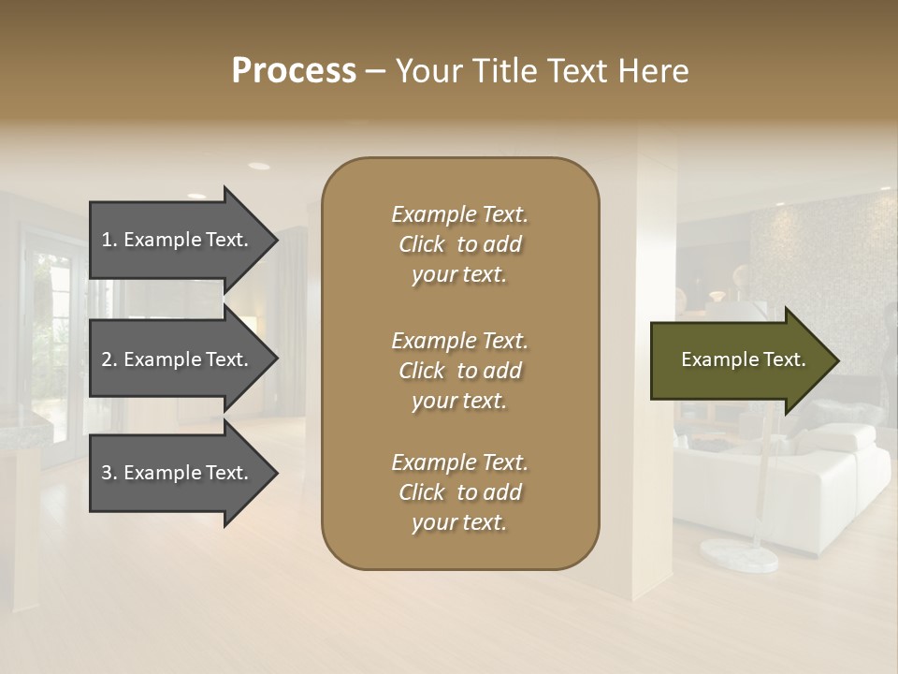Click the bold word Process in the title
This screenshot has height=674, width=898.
tap(294, 71)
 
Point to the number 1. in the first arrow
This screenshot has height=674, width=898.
tap(109, 240)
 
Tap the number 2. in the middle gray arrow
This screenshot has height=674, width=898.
tap(109, 359)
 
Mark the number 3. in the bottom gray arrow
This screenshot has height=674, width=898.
tap(109, 473)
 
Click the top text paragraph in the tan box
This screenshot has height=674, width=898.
tap(459, 244)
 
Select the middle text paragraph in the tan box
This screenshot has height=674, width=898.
tap(459, 371)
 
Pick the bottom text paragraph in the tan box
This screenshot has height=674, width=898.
tap(459, 492)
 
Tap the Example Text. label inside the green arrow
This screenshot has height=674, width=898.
tap(744, 360)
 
